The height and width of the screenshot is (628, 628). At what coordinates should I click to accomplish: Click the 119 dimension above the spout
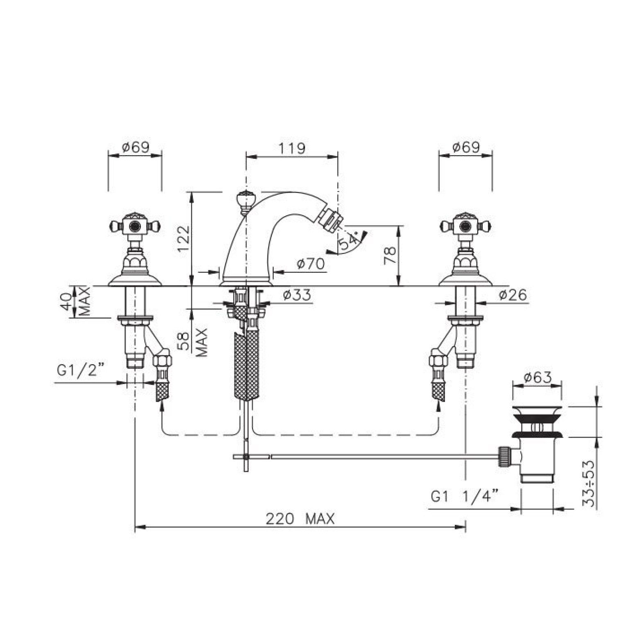coord(292,148)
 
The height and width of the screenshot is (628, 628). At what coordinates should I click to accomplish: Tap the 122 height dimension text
coord(184,239)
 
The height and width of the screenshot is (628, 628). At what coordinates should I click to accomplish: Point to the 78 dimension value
coord(391,255)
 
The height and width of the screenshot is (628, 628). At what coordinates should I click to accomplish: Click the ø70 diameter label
coord(311,264)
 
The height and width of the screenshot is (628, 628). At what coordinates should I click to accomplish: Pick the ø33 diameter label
coord(297,294)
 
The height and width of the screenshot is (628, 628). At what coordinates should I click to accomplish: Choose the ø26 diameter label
coord(513,294)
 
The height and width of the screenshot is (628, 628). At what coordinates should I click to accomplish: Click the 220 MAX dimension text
coord(300,519)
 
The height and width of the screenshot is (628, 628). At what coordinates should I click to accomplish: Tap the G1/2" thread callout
coord(80,370)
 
